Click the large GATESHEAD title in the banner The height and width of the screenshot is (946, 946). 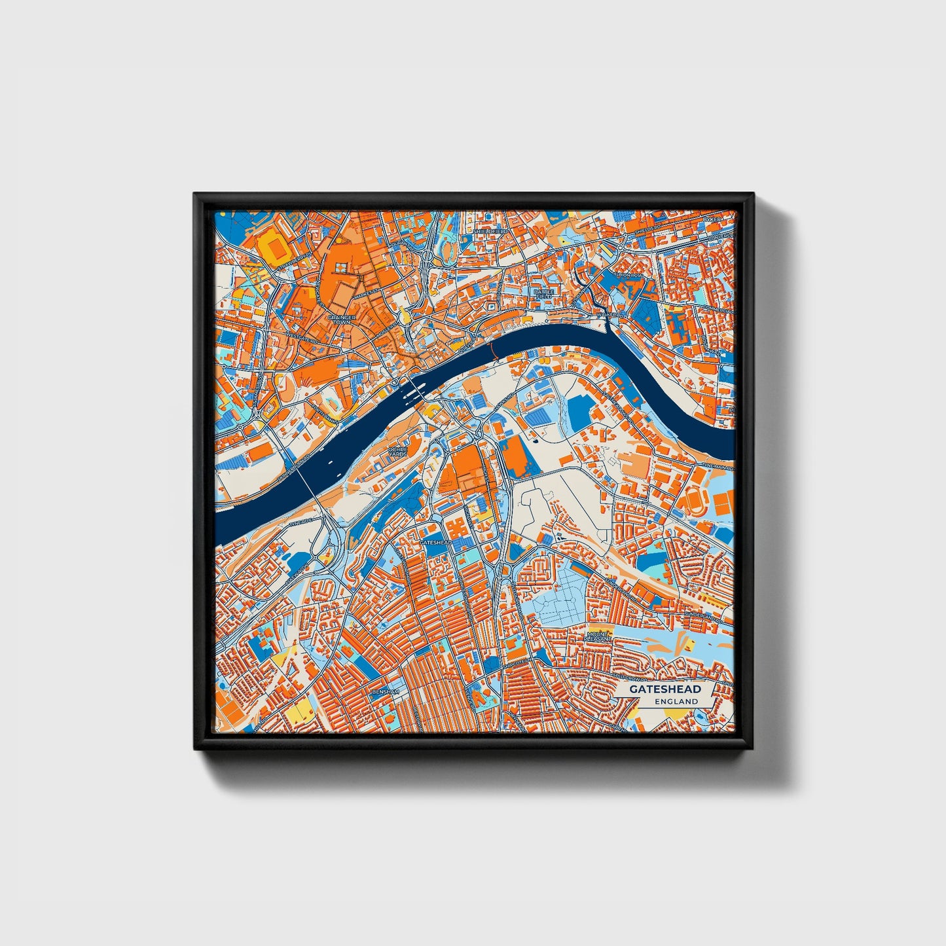[x=665, y=689]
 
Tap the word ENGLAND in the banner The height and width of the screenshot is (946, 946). [x=676, y=701]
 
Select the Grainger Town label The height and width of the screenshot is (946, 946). [x=342, y=319]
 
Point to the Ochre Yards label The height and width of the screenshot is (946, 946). [x=397, y=452]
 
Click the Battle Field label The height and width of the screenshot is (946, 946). [x=543, y=294]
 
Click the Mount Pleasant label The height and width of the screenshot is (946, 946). [x=598, y=637]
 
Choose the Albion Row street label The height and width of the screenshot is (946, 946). [x=632, y=276]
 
